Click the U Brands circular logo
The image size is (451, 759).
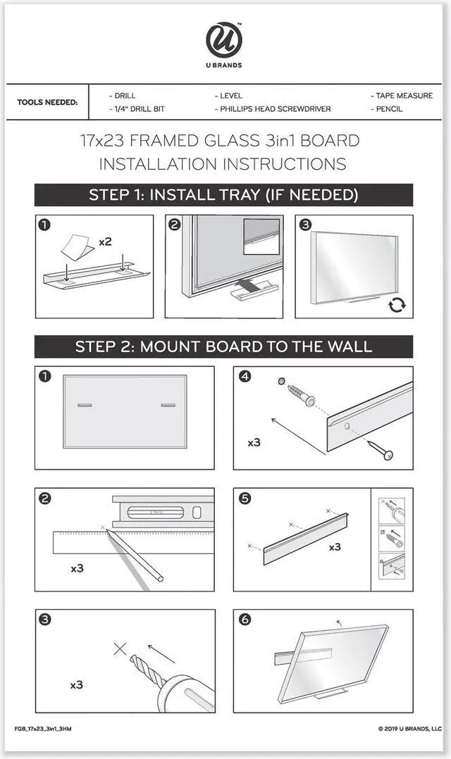point(224,40)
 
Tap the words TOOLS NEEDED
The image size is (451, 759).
point(47,102)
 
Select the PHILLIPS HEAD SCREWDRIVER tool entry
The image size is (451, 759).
point(273,109)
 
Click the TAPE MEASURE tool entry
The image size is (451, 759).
point(402,96)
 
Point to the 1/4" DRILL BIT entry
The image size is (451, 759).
point(137,109)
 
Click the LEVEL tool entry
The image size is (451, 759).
point(228,96)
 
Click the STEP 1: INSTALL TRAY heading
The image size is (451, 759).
point(223,195)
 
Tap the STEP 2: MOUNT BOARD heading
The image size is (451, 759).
point(223,346)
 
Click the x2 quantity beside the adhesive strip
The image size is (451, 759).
point(105,241)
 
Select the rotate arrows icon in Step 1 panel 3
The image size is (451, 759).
point(397,305)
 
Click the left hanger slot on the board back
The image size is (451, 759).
point(85,405)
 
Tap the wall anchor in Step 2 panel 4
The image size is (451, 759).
point(300,394)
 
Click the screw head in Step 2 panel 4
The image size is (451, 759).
point(387,455)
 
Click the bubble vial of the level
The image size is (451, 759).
point(155,512)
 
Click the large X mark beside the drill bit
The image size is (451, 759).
point(120,648)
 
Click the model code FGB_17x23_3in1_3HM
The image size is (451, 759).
point(43,729)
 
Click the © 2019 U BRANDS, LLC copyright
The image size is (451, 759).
point(410,729)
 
